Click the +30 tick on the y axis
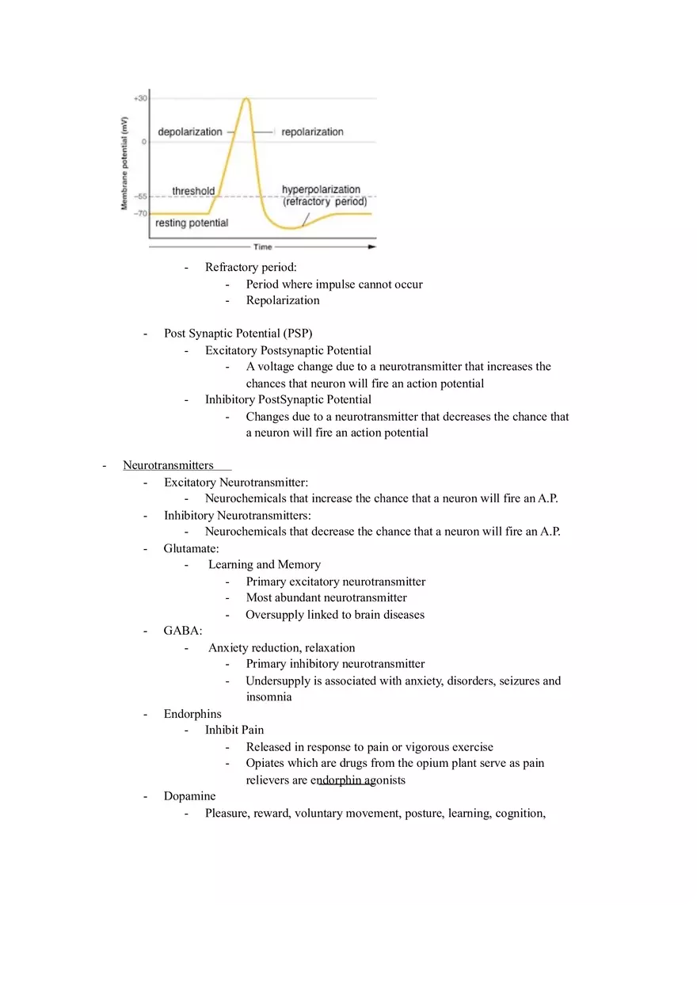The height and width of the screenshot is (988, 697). coord(139,98)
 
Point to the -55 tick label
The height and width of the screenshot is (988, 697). coord(139,196)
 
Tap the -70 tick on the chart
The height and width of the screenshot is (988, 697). coord(139,214)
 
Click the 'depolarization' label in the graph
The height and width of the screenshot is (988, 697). coord(190,132)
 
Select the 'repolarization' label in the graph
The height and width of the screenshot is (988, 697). coord(312,132)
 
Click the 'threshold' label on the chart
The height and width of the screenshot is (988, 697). coord(193,191)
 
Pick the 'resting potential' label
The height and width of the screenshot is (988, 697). coord(192,223)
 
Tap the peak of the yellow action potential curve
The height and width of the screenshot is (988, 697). coord(246,99)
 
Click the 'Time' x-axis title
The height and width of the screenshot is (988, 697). coord(262,247)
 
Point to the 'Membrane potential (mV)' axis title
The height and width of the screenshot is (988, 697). coord(124,163)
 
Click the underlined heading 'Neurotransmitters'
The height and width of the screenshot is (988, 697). coord(168,465)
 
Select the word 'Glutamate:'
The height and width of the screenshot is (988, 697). coord(191,548)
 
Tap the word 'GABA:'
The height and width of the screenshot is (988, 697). coord(183,631)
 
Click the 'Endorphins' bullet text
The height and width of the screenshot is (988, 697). coord(192,714)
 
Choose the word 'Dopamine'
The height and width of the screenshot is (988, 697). coord(189,796)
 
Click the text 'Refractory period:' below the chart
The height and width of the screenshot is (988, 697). coord(250,267)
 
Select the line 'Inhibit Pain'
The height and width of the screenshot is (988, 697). coord(234,730)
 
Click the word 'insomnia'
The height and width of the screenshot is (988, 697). coord(269,697)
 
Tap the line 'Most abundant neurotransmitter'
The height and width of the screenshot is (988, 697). coord(326,597)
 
